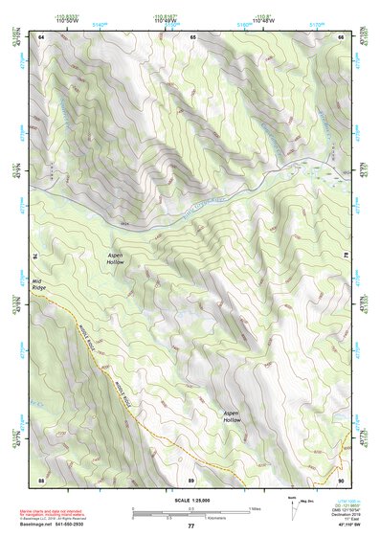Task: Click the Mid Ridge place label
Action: (x=39, y=283)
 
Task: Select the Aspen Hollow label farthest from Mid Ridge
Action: (x=232, y=416)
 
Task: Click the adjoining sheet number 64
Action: (x=41, y=36)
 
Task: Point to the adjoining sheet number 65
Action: (x=191, y=36)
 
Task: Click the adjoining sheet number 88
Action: (x=41, y=478)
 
